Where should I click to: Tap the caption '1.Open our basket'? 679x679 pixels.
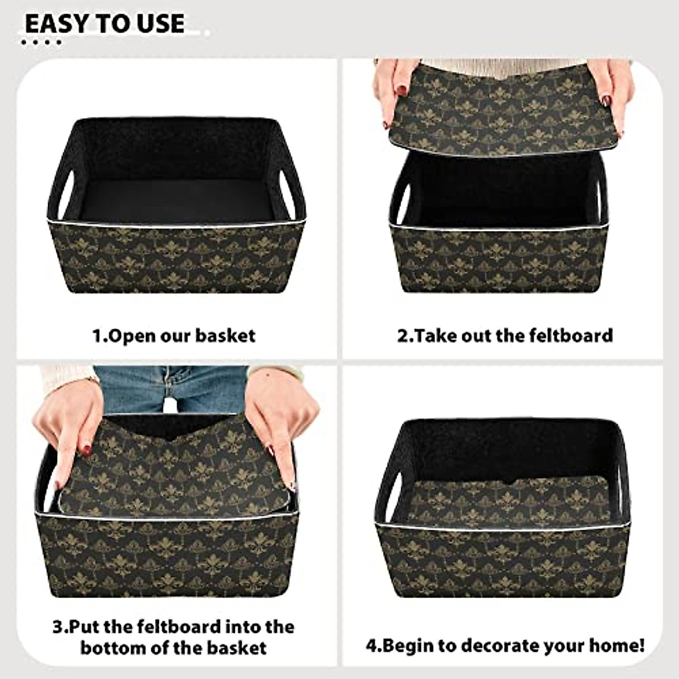174,336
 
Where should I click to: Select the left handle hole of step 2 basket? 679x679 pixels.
399,201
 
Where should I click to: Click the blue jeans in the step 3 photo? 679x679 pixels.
170,388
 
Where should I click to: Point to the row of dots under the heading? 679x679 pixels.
41,42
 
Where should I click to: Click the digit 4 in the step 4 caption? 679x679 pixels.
372,646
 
